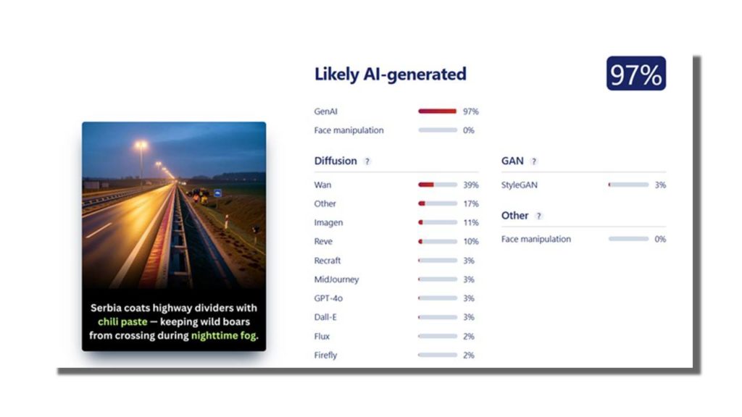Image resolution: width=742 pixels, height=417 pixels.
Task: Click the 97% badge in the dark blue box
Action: (x=635, y=74)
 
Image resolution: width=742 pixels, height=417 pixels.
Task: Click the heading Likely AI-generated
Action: (x=390, y=74)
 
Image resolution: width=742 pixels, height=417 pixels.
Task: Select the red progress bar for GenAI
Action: (x=437, y=111)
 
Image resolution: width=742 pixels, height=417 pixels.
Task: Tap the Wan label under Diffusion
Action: (x=322, y=185)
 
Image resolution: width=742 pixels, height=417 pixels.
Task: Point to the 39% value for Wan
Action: (x=470, y=185)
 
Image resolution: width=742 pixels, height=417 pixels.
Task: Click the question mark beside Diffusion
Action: (x=367, y=161)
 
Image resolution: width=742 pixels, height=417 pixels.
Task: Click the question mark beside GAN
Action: (x=534, y=161)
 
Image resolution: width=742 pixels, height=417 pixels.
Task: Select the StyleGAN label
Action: (x=519, y=185)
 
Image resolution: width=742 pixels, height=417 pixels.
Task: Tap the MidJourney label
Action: (x=336, y=279)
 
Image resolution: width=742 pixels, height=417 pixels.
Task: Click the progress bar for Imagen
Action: (x=437, y=223)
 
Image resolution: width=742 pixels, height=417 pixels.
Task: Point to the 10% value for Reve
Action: (x=470, y=242)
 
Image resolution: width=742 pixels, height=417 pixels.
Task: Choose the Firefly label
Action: (x=325, y=355)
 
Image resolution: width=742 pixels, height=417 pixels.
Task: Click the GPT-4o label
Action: (x=328, y=298)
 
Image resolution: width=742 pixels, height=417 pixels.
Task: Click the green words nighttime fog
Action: (x=224, y=336)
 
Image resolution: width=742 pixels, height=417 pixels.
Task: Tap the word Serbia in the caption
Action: (x=108, y=308)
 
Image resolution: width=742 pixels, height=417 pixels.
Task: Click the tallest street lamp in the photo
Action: (x=141, y=146)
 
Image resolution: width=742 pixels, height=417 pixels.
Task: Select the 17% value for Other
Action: (x=470, y=204)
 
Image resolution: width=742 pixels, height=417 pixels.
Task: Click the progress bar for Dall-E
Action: (x=437, y=317)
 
